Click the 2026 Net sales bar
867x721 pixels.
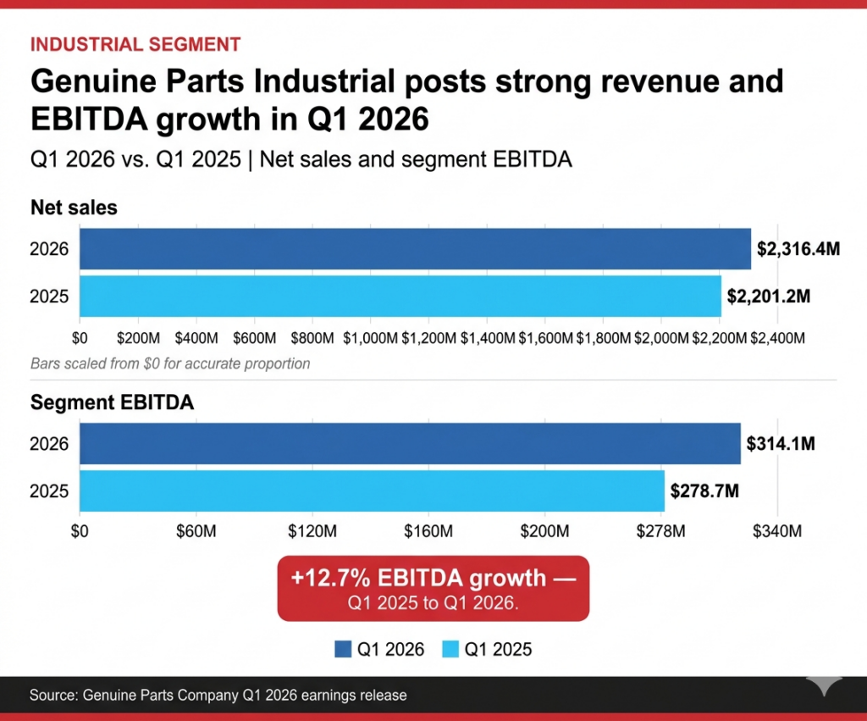pyautogui.click(x=415, y=249)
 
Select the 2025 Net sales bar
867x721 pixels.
pyautogui.click(x=400, y=297)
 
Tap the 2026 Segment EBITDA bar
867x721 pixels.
pyautogui.click(x=410, y=444)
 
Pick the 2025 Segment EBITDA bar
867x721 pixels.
pyautogui.click(x=372, y=491)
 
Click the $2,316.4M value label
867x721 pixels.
pyautogui.click(x=798, y=249)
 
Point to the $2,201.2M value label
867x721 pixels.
pyautogui.click(x=769, y=297)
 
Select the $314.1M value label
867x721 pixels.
pyautogui.click(x=781, y=444)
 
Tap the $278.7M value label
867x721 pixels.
pyautogui.click(x=704, y=491)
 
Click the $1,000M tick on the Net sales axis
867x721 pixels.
pyautogui.click(x=371, y=339)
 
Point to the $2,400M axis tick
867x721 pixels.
pyautogui.click(x=776, y=339)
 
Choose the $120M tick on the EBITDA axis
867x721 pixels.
pyautogui.click(x=312, y=532)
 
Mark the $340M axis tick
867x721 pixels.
pyautogui.click(x=776, y=532)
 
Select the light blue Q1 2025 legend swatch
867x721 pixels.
pyautogui.click(x=451, y=650)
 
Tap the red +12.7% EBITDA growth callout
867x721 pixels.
pyautogui.click(x=433, y=589)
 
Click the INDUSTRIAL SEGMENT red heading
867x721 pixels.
pyautogui.click(x=135, y=45)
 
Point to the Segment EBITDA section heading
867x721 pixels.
pyautogui.click(x=112, y=402)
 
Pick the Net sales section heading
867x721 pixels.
pyautogui.click(x=74, y=208)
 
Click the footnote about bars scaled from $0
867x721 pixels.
pyautogui.click(x=170, y=364)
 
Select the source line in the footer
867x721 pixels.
pyautogui.click(x=218, y=696)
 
